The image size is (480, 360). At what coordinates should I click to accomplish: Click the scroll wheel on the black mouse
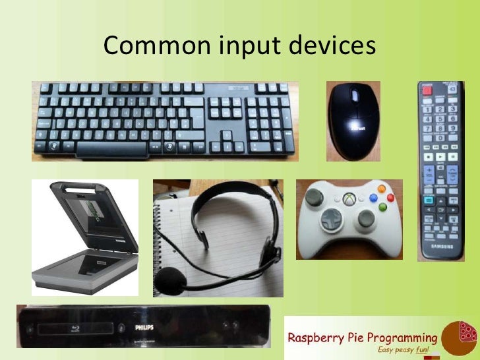tap(354, 96)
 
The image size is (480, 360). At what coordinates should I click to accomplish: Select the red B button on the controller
tap(390, 197)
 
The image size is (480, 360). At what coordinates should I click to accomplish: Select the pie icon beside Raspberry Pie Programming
tap(460, 337)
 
